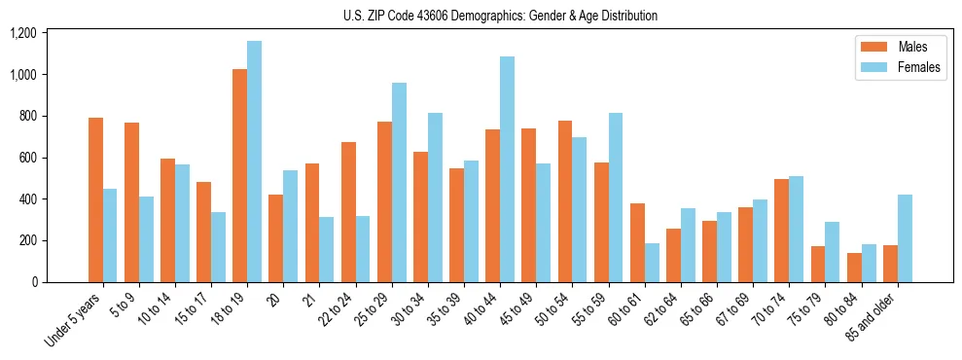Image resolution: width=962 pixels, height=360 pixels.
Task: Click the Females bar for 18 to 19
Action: point(254,162)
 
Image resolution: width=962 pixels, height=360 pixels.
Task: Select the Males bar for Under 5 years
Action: point(95,199)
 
